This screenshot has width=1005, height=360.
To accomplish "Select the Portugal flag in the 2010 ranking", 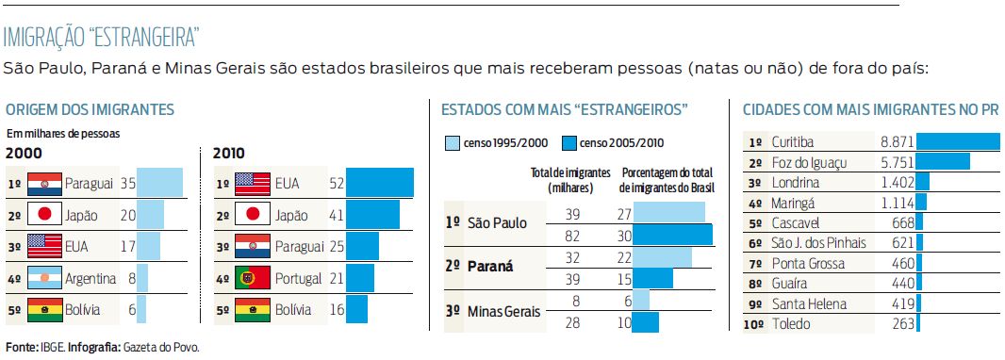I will point(253,278).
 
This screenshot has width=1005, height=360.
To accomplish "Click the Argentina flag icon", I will point(44,278).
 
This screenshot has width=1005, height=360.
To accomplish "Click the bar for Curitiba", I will point(958,141).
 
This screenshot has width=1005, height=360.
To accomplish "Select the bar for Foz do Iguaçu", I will point(943,162).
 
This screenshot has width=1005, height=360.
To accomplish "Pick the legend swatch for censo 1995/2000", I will point(453,143).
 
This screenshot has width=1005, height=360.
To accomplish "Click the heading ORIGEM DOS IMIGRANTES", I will point(90,110).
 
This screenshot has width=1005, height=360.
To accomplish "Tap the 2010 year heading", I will point(229,153).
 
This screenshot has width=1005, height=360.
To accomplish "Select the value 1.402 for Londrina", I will point(897,183).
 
